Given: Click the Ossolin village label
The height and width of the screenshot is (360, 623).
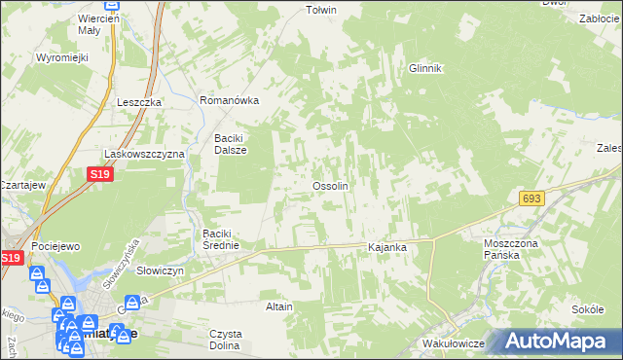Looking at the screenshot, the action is (330, 186).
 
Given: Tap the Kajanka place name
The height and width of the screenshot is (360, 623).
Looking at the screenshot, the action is (386, 248).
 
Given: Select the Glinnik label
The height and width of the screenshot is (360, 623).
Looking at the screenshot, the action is (425, 68).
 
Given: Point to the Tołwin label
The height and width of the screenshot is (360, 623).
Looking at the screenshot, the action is (321, 11).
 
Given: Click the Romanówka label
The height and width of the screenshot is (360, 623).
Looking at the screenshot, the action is (229, 100).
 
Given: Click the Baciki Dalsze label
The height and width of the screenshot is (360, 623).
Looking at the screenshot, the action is (232, 144).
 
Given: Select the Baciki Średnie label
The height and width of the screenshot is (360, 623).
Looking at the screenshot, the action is (228, 239).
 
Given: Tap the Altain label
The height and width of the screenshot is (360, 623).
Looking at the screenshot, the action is (279, 306).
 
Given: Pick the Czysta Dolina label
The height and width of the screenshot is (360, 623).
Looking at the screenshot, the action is (226, 340).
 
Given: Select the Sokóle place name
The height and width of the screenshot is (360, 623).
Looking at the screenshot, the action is (588, 308).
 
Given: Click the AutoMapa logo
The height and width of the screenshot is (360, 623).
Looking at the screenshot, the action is (560, 341).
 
